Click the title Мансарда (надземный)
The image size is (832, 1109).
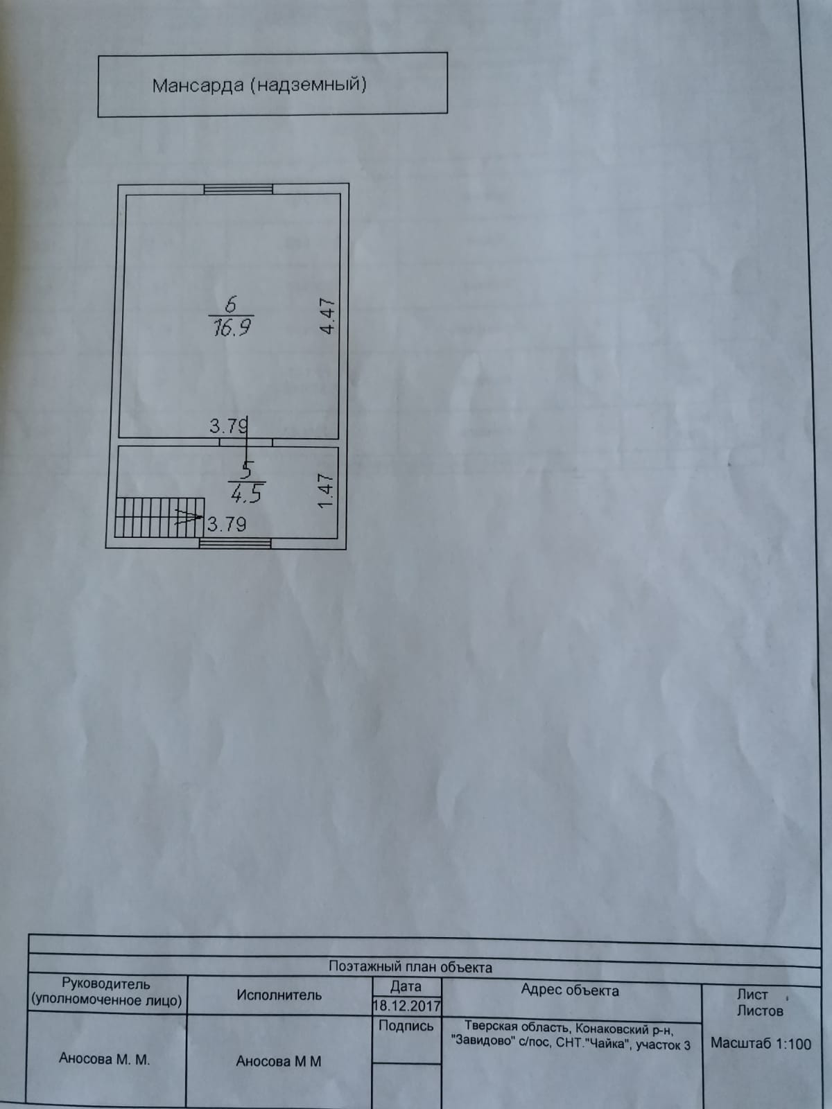click(259, 85)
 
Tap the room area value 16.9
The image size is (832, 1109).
click(231, 327)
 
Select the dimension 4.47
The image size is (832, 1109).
click(327, 316)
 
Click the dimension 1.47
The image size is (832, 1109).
click(326, 491)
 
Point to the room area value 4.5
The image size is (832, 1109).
click(245, 494)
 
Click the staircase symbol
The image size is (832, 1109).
click(158, 517)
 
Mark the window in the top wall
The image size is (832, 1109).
click(238, 189)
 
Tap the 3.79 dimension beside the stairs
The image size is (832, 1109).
click(227, 524)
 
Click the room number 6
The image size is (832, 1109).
click(231, 304)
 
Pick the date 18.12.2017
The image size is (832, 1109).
click(407, 1005)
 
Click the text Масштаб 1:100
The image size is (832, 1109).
click(761, 1043)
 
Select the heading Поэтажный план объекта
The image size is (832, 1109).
click(410, 967)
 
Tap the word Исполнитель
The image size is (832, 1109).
click(279, 995)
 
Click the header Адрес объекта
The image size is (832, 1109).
click(569, 990)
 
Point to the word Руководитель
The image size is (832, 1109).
click(105, 984)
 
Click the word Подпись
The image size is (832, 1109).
click(406, 1026)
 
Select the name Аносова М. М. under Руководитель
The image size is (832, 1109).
click(104, 1059)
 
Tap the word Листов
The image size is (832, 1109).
click(760, 1011)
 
